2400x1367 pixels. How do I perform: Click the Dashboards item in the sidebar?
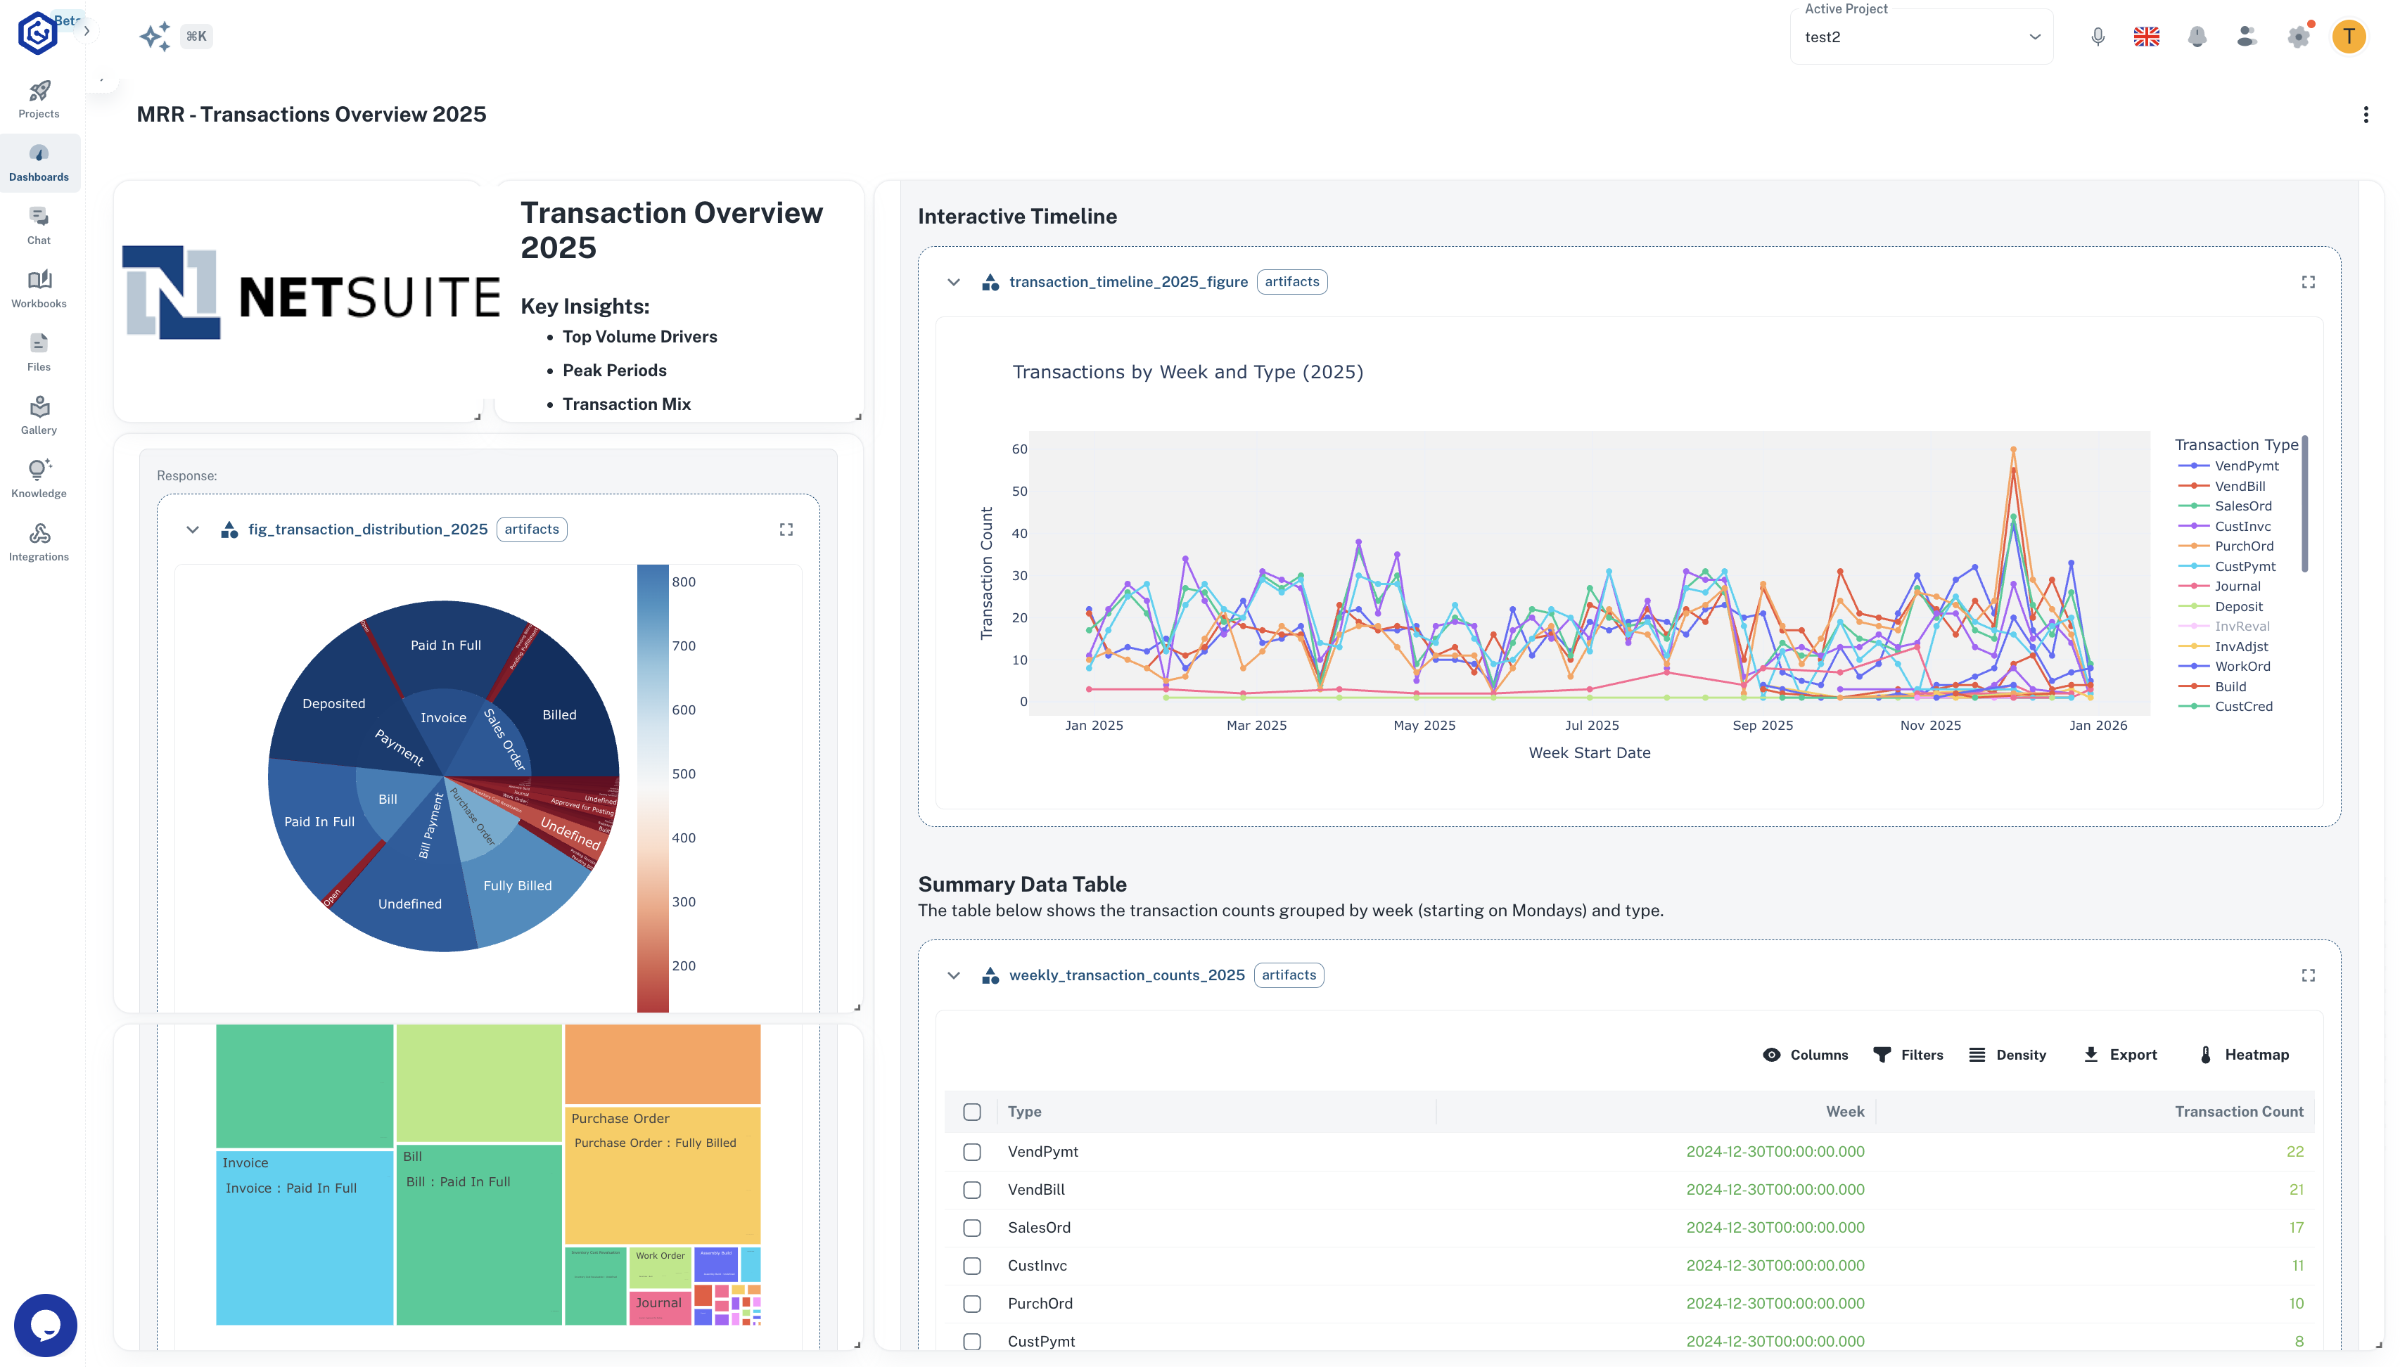pos(39,162)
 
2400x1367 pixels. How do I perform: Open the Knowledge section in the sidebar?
pos(39,478)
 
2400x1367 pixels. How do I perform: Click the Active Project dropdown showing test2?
pos(1920,37)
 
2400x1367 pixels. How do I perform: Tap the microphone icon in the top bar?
pos(2097,37)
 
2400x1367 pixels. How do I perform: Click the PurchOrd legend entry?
pos(2242,546)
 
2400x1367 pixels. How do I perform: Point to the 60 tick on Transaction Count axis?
pos(1019,449)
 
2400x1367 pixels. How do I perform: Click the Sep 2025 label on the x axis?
pos(1761,725)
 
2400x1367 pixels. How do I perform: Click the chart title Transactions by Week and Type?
pos(1187,372)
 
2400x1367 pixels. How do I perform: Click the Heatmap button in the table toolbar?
pos(2243,1054)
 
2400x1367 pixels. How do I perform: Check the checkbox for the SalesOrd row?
pos(972,1227)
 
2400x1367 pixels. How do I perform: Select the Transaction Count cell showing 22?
pos(2294,1151)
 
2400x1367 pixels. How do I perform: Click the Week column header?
pos(1844,1111)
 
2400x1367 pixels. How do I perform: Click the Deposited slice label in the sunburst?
pos(333,703)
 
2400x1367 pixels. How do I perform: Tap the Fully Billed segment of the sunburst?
pos(518,885)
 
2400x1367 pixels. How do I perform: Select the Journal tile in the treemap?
pos(658,1302)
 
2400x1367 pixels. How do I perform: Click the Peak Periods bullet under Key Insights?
pos(614,370)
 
